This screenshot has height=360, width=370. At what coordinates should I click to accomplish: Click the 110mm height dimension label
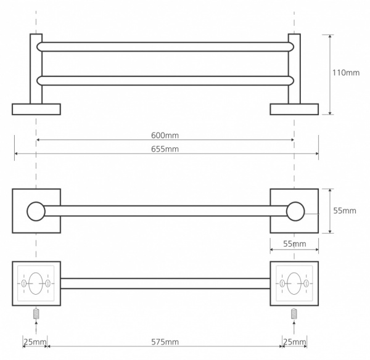(346, 73)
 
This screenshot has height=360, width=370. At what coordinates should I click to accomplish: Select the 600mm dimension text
(165, 136)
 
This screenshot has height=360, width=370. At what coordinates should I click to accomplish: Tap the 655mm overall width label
(165, 149)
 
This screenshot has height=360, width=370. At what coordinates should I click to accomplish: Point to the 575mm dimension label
(165, 342)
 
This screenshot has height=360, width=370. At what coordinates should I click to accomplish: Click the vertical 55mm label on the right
(345, 211)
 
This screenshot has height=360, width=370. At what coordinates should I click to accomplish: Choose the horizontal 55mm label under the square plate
(295, 243)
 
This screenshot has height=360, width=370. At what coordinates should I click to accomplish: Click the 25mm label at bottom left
(35, 342)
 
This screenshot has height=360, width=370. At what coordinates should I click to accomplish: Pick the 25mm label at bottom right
(295, 342)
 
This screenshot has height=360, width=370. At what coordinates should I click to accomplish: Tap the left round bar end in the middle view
(36, 211)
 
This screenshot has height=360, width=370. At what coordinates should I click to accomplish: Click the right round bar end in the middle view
(295, 211)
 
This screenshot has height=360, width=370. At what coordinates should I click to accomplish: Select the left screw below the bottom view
(36, 314)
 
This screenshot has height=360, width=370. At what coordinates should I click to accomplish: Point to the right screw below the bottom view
(294, 314)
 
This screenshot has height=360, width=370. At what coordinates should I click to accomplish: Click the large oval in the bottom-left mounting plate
(36, 284)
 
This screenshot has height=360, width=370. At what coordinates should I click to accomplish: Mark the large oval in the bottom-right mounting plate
(294, 284)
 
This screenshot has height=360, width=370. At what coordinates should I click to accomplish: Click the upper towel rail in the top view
(165, 47)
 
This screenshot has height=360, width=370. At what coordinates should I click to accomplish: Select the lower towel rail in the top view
(165, 81)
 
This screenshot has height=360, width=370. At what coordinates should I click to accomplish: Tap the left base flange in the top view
(36, 109)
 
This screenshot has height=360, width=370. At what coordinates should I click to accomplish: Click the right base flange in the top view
(294, 109)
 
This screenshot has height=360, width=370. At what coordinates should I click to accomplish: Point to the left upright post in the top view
(36, 68)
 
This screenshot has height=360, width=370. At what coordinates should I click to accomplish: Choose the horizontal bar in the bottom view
(165, 284)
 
